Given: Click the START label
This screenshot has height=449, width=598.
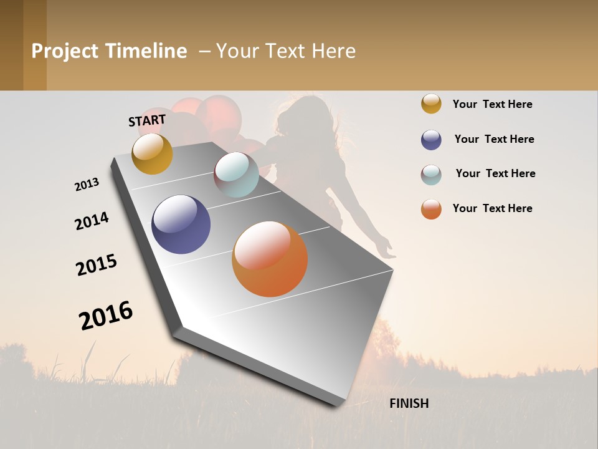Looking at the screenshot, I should click(x=147, y=120).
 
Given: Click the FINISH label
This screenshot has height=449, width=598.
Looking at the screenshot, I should click(x=409, y=403).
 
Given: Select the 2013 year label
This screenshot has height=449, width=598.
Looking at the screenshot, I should click(x=87, y=185).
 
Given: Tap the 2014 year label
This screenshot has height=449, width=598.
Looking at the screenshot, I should click(x=92, y=221).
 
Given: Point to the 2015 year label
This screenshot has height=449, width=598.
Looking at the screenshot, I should click(x=97, y=264).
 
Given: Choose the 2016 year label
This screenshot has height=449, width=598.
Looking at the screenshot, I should click(x=106, y=316).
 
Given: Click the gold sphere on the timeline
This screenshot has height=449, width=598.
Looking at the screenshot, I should click(x=152, y=154).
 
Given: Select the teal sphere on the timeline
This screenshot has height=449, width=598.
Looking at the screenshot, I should click(x=236, y=175).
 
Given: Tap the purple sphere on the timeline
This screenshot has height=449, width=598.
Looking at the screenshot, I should click(x=181, y=224).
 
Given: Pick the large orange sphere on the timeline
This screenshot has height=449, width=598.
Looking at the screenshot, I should click(x=270, y=259).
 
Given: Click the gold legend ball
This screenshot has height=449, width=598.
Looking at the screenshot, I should click(x=431, y=104).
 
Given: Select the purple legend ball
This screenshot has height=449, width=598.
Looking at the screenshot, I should click(x=431, y=140).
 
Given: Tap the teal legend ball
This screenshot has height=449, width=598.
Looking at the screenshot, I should click(x=431, y=175).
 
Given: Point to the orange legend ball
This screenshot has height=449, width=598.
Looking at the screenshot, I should click(x=431, y=209).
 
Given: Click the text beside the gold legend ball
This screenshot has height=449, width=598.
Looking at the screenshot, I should click(x=492, y=104).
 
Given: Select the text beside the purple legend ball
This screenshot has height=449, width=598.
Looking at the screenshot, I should click(x=494, y=139).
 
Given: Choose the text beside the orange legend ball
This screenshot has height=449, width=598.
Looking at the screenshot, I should click(x=492, y=208).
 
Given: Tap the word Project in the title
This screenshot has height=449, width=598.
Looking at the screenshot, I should click(x=65, y=51).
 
